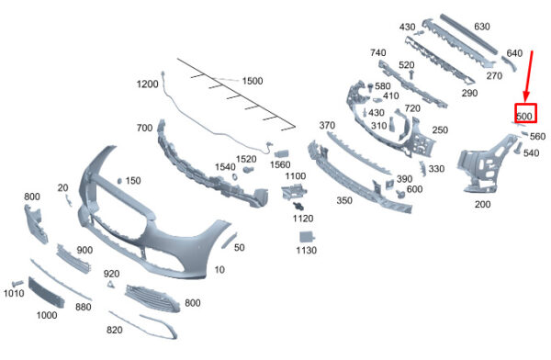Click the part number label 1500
[x=253, y=81]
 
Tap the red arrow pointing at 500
[x=529, y=76]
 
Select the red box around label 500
[x=525, y=113]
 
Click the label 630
[x=482, y=27]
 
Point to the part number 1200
[x=147, y=84]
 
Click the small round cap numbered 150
[x=119, y=181]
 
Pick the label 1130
[x=306, y=251]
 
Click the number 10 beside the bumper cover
[x=219, y=270]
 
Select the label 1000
[x=47, y=315]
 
